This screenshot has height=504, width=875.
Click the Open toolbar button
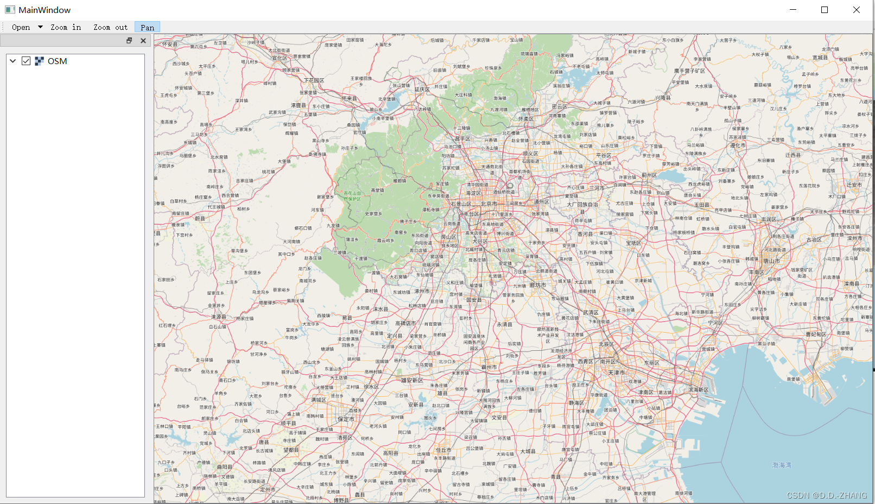pyautogui.click(x=21, y=27)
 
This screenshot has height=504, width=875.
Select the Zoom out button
pyautogui.click(x=110, y=27)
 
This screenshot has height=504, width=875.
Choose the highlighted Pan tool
pyautogui.click(x=147, y=27)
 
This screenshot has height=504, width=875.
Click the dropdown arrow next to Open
pyautogui.click(x=40, y=27)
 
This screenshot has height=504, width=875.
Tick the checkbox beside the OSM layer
pyautogui.click(x=26, y=61)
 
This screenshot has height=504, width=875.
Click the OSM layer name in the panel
pyautogui.click(x=57, y=61)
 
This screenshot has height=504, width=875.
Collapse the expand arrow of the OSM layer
pyautogui.click(x=13, y=61)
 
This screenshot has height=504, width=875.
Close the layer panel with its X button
pyautogui.click(x=143, y=41)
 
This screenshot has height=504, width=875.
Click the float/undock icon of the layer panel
pyautogui.click(x=129, y=41)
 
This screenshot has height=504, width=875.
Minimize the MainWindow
pyautogui.click(x=792, y=10)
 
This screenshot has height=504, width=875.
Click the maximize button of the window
pyautogui.click(x=824, y=10)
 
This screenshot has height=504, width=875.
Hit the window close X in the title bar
pyautogui.click(x=856, y=10)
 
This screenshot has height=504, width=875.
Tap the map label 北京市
pyautogui.click(x=489, y=204)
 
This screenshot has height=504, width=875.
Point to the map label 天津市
pyautogui.click(x=616, y=373)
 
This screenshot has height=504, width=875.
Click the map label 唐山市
pyautogui.click(x=771, y=261)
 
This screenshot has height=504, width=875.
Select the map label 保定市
pyautogui.click(x=346, y=419)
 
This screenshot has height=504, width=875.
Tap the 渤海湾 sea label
pyautogui.click(x=782, y=465)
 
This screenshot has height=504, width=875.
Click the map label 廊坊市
pyautogui.click(x=538, y=285)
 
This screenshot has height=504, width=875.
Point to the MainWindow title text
pyautogui.click(x=45, y=10)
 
